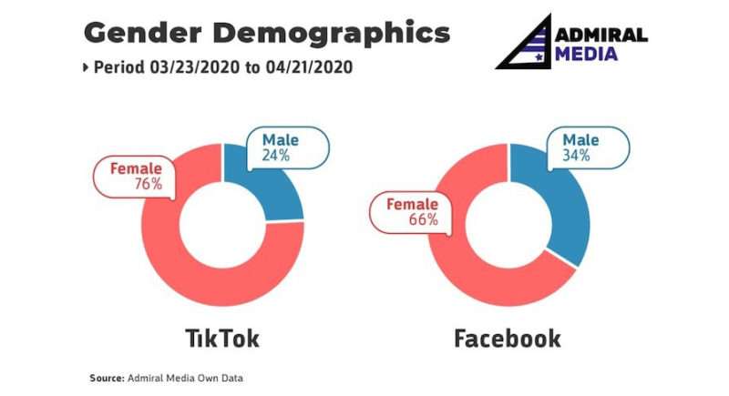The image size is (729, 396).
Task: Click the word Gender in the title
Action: click(143, 33)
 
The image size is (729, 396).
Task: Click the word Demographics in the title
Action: click(332, 35)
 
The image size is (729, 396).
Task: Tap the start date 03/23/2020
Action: click(194, 67)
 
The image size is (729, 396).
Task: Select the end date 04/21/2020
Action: click(309, 67)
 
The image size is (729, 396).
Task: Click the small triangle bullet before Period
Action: click(86, 67)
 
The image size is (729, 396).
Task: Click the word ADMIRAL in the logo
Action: click(601, 36)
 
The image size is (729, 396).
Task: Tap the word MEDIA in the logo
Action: click(586, 54)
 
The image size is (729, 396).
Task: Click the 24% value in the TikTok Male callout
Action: click(276, 155)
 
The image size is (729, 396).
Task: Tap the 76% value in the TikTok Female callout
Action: click(149, 184)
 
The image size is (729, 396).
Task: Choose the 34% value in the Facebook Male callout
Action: click(576, 155)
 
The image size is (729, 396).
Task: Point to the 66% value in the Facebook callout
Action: click(423, 219)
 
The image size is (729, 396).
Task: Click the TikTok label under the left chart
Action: click(222, 338)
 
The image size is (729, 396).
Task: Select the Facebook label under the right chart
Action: click(508, 338)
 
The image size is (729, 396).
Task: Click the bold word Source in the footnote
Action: click(107, 378)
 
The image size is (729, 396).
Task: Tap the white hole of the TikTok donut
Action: click(222, 225)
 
